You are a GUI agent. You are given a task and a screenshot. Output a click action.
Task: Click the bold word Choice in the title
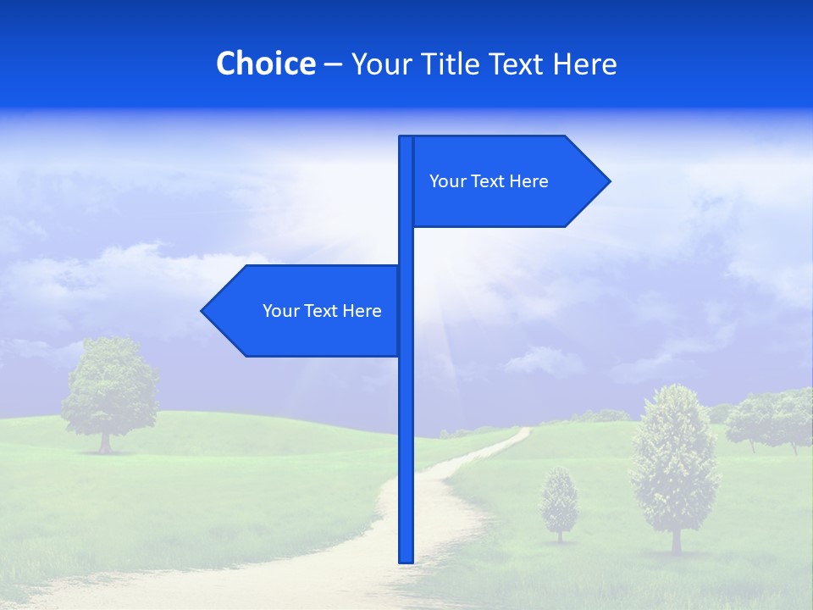tap(265, 64)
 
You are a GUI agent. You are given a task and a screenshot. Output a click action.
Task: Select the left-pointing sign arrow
tap(305, 311)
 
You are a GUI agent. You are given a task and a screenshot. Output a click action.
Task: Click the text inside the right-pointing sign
tap(489, 181)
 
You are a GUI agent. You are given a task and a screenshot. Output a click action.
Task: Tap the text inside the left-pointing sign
tap(322, 311)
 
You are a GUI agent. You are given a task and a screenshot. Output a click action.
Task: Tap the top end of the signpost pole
tap(406, 140)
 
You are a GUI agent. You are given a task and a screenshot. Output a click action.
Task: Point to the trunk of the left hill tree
tap(105, 442)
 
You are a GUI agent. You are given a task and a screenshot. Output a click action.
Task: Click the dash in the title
tap(333, 64)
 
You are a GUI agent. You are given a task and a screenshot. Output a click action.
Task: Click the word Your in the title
tap(380, 64)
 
